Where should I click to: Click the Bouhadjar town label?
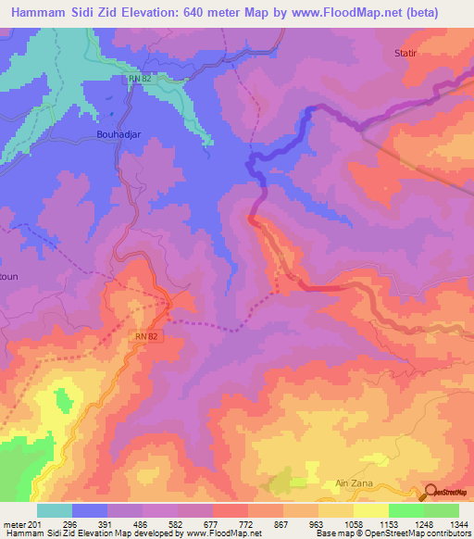pyautogui.click(x=120, y=133)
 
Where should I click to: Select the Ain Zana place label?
pyautogui.click(x=352, y=484)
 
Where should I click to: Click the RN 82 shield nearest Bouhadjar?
pyautogui.click(x=139, y=79)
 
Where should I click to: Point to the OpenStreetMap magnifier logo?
pyautogui.click(x=430, y=493)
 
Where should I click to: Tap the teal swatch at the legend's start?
pyautogui.click(x=55, y=510)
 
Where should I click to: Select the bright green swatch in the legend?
pyautogui.click(x=406, y=510)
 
